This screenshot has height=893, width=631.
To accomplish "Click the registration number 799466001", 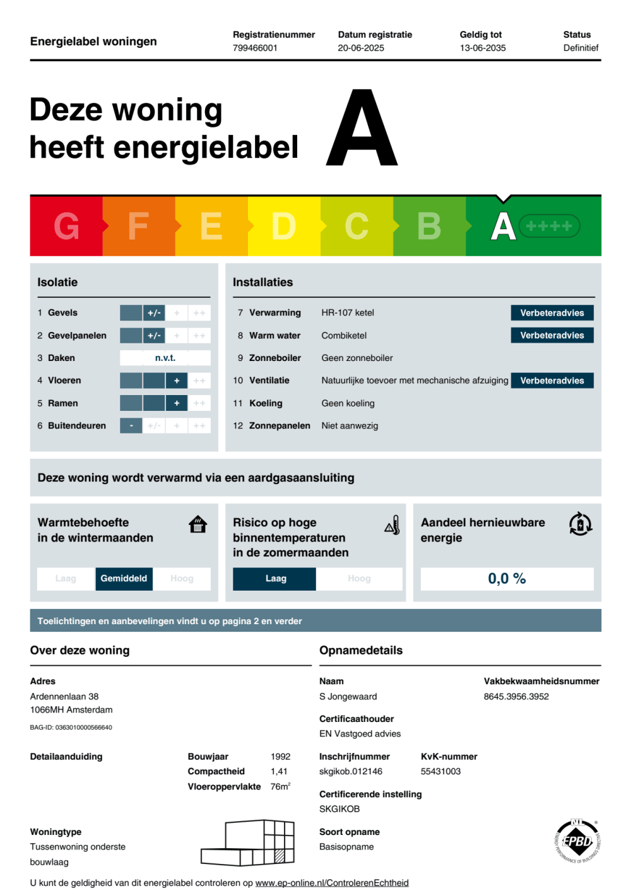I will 255,48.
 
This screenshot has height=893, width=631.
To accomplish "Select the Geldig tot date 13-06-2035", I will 482,48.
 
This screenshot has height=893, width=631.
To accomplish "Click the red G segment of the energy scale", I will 66,226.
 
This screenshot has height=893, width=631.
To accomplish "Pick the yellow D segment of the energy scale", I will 284,226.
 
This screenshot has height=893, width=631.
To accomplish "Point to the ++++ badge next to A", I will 548,226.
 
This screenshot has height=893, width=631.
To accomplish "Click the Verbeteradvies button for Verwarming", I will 551,313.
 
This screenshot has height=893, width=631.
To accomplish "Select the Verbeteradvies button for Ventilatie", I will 551,381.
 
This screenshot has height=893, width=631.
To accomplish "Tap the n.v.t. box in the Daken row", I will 165,358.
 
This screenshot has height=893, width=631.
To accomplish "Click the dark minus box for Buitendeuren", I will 131,426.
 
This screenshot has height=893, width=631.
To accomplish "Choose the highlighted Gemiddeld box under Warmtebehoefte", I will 124,579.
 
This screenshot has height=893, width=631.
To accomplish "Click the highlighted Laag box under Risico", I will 274,579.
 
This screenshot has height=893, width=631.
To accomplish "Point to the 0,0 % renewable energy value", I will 507,579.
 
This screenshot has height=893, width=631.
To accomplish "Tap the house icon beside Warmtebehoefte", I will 198,524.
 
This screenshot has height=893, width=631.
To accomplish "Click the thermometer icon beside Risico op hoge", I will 392,525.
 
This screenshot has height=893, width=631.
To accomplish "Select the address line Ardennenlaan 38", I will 64,697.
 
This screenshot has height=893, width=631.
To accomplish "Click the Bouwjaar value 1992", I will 280,757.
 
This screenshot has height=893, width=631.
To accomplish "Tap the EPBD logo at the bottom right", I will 577,841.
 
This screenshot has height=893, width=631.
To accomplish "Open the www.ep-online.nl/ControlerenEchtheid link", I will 332,883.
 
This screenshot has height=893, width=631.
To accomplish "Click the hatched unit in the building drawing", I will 280,856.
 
